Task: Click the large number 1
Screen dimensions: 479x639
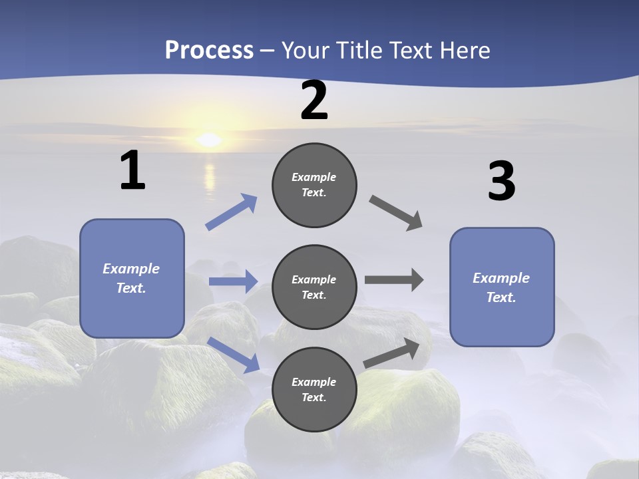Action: click(132, 170)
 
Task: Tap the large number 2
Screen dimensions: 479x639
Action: click(314, 100)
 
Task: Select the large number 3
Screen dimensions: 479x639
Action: click(501, 181)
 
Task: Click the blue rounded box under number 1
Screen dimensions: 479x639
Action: click(132, 278)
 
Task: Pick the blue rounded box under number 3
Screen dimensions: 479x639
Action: click(502, 287)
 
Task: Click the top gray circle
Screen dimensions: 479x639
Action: click(314, 185)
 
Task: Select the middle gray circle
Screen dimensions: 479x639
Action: click(314, 287)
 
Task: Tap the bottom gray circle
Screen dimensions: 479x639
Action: click(314, 390)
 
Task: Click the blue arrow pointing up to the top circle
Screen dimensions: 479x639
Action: click(232, 212)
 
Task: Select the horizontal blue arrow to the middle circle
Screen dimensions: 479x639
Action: click(233, 281)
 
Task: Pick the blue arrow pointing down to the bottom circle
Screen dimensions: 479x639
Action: click(234, 355)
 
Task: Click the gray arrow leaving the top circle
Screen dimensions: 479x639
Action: click(396, 212)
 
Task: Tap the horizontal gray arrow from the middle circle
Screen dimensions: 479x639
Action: click(394, 280)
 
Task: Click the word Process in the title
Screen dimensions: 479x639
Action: click(209, 50)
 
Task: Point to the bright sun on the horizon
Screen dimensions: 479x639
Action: click(209, 140)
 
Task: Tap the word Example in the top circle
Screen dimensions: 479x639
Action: click(314, 177)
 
